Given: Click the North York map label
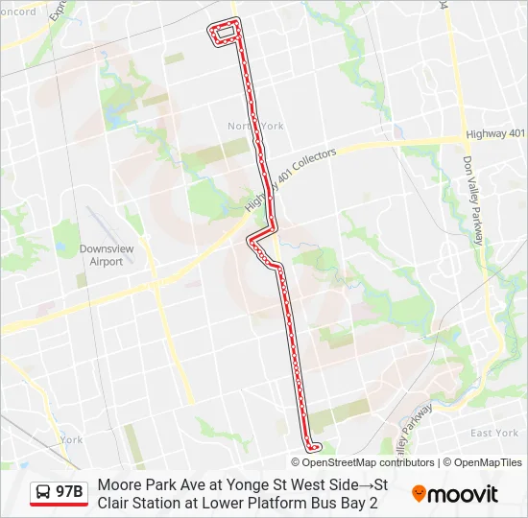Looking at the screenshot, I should pos(255,126).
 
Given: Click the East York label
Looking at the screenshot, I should pos(494,433).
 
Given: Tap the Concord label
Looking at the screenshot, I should pos(16,12).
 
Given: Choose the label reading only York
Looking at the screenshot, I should pos(72,439).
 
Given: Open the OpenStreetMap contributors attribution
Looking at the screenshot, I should pos(363,462).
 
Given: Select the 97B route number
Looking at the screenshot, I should pos(69,492).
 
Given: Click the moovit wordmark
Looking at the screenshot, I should pos(463,494).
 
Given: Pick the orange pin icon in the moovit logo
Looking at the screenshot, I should pos(419,493).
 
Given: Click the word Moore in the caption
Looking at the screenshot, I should pos(117,484).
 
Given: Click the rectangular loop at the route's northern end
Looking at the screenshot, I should pos(227,33).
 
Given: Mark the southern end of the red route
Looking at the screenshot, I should pos(313,446).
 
